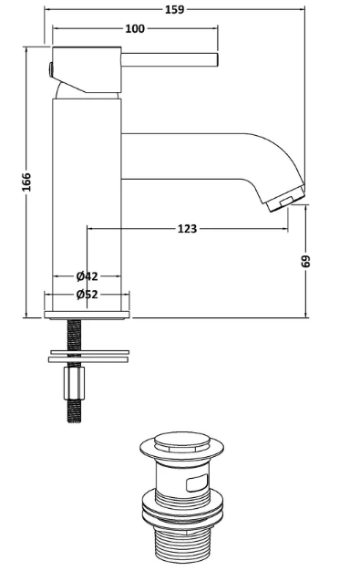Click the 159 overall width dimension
(x=175, y=9)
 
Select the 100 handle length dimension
(x=135, y=28)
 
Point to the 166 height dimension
(x=27, y=182)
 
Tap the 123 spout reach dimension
(x=187, y=229)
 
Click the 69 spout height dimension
(x=305, y=261)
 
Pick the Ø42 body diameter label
(x=87, y=276)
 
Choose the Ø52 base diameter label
(x=87, y=295)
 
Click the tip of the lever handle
(x=217, y=59)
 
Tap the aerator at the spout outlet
(x=286, y=199)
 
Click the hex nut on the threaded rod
(x=74, y=383)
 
